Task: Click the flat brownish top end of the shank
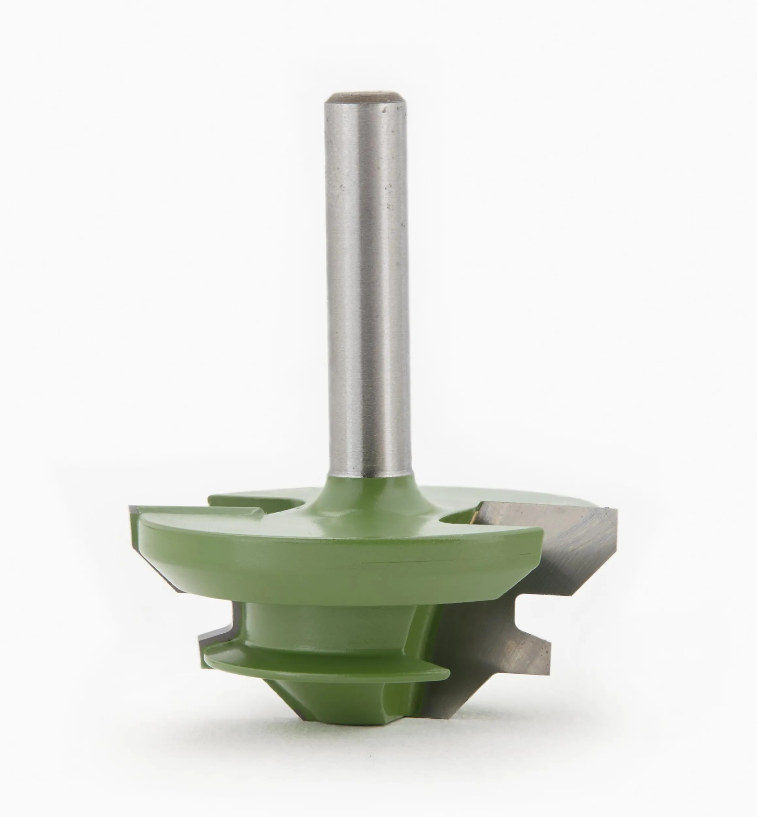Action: (x=367, y=98)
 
